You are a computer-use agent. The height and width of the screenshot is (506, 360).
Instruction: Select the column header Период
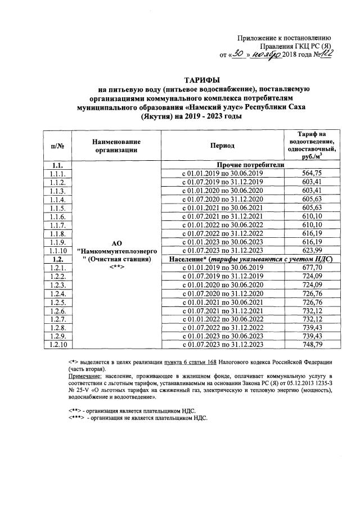[222, 145]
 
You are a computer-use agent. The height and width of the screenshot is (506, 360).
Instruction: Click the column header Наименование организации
[116, 145]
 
